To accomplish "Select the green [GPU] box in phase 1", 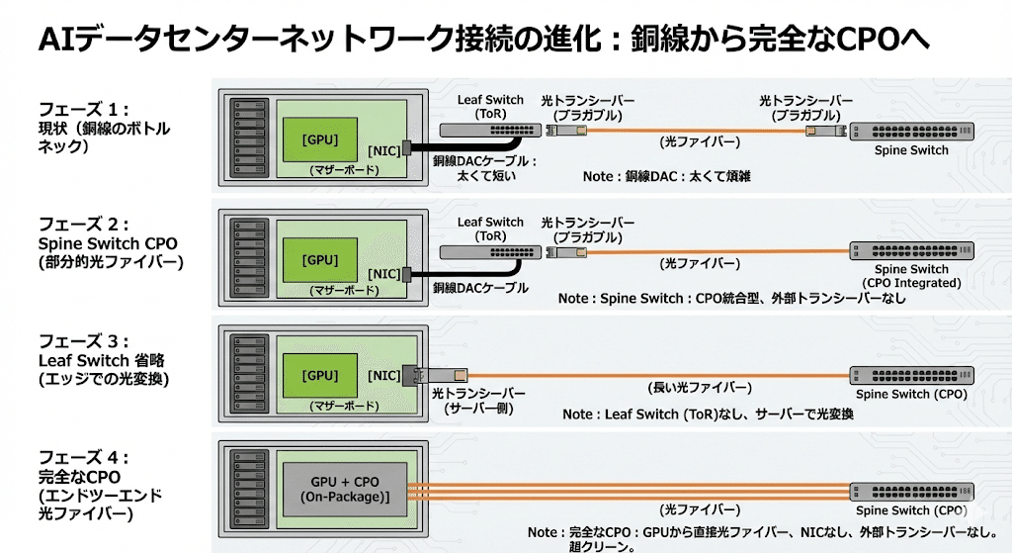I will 319,139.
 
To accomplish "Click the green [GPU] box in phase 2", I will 319,260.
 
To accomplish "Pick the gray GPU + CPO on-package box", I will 345,487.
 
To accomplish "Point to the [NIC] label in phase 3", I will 383,376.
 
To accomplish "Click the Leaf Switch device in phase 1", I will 484,130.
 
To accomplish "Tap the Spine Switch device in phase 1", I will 910,131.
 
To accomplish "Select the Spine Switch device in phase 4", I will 910,491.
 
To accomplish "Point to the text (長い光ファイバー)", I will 699,387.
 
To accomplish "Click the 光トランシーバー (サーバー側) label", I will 478,401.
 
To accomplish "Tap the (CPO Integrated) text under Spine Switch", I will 911,283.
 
